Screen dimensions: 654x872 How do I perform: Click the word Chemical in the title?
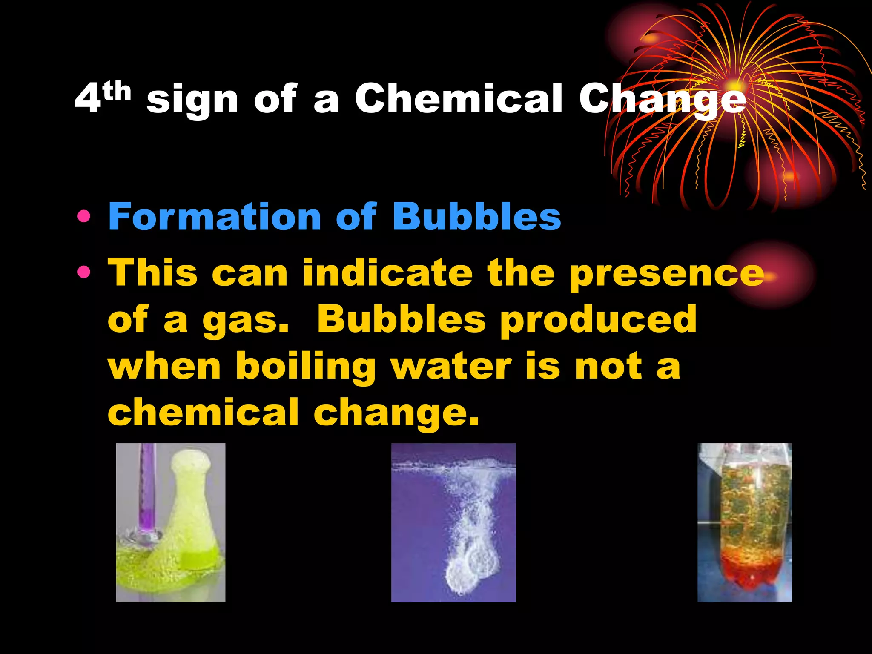point(459,99)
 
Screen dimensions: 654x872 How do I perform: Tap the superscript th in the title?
point(117,92)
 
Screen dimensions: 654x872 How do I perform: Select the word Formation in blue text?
point(214,217)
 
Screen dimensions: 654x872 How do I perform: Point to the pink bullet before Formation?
point(84,217)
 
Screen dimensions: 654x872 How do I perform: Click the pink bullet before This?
point(84,272)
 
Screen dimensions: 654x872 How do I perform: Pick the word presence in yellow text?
point(666,273)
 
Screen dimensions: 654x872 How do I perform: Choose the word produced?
point(598,320)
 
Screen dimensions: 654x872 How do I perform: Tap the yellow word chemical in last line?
point(203,412)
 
